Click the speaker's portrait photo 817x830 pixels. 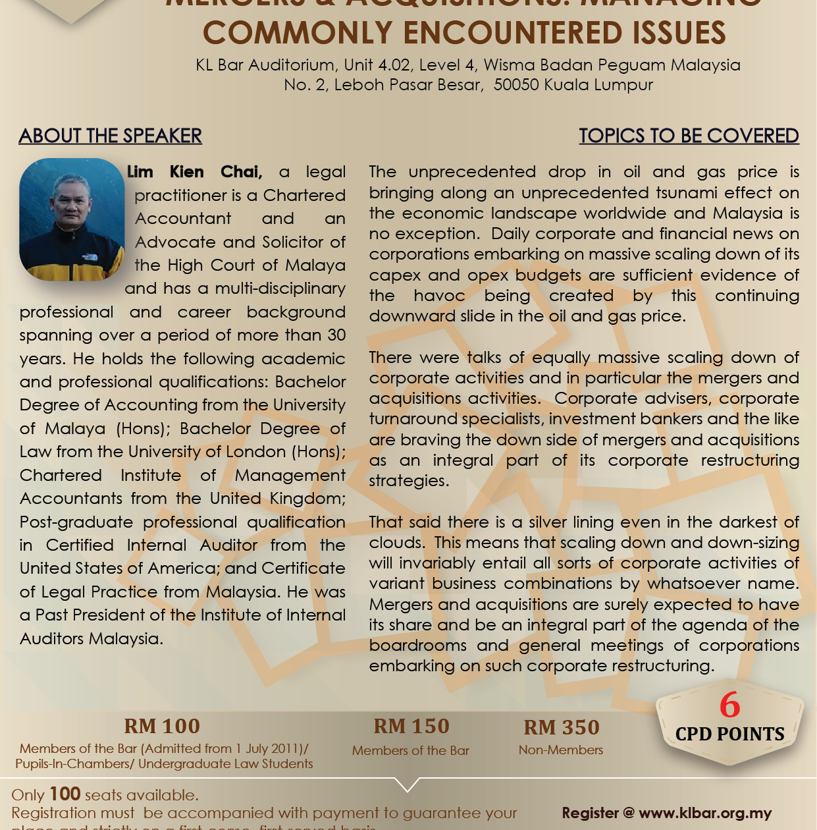72,219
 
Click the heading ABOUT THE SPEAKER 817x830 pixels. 111,136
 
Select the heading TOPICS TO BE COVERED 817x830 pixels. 689,136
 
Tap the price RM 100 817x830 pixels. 162,726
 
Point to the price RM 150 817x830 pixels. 411,726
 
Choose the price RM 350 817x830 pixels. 562,727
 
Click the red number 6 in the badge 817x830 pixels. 729,705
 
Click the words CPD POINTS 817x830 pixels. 730,734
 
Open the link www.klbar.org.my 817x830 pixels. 705,813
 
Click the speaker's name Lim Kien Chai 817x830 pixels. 195,172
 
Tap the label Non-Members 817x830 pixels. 561,750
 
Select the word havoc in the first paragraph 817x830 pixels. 439,295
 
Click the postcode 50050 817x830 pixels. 516,85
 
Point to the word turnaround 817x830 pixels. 413,418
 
